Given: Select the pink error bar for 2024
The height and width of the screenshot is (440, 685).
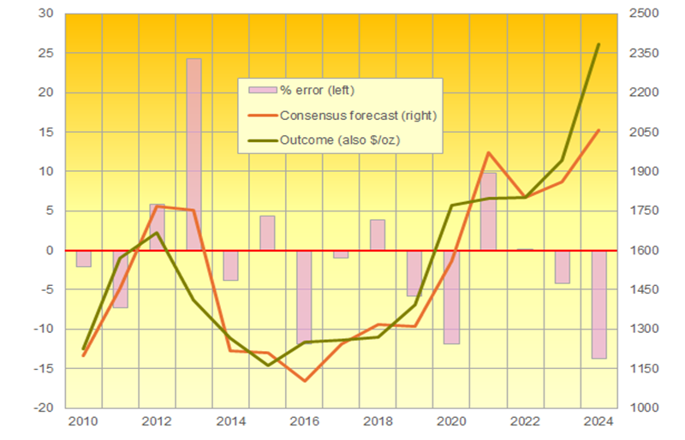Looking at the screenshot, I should click(x=599, y=304).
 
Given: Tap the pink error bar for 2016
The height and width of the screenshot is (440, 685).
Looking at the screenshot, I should click(x=304, y=296).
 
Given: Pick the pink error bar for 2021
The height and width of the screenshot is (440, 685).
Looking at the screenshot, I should click(x=488, y=211).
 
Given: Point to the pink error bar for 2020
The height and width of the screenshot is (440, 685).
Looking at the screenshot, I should click(x=451, y=296).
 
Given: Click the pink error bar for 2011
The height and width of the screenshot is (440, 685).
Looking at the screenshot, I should click(x=120, y=278).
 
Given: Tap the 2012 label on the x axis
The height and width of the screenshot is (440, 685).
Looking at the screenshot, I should click(x=156, y=421).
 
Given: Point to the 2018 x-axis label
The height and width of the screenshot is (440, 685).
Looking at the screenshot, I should click(x=378, y=421).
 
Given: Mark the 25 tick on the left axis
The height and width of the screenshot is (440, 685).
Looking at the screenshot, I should click(x=43, y=53).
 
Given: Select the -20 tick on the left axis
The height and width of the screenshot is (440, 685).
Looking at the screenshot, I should click(x=41, y=407).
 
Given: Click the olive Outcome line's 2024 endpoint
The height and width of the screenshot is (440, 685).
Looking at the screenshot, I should click(x=599, y=45).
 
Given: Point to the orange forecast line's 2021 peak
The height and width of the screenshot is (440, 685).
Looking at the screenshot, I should click(x=488, y=153).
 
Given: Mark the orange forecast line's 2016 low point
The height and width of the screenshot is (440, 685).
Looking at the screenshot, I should click(x=304, y=381).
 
